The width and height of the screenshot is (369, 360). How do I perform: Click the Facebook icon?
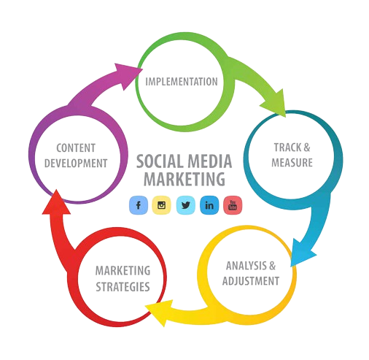(137, 205)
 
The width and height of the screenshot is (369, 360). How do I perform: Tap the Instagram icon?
(161, 205)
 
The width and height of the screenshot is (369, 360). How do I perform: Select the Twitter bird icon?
(186, 205)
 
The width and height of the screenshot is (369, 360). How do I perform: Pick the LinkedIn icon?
(210, 205)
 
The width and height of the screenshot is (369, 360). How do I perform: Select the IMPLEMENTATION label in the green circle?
(182, 81)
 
